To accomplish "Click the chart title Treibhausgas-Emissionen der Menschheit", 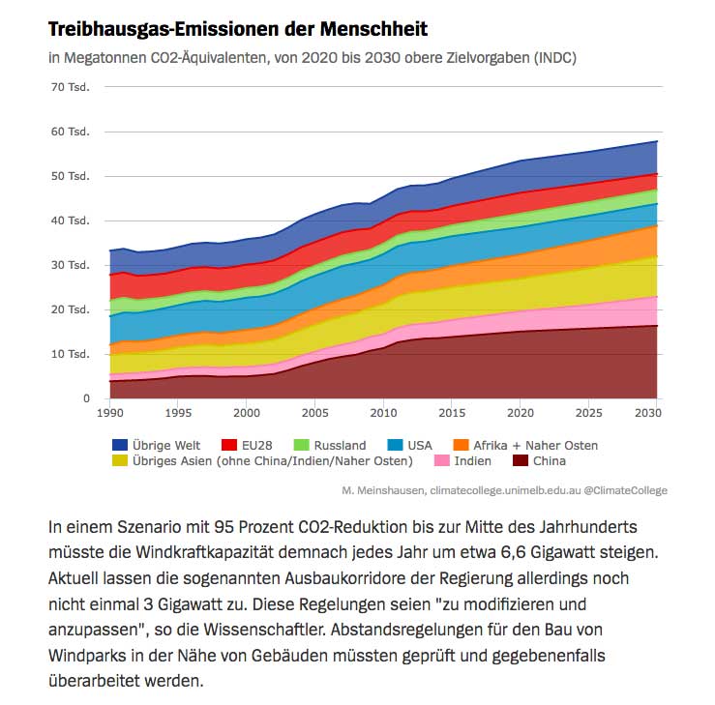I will pyautogui.click(x=237, y=29).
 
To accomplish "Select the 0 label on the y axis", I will pyautogui.click(x=85, y=398).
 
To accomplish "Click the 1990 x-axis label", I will pyautogui.click(x=111, y=413).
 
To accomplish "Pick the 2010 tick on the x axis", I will pyautogui.click(x=383, y=413).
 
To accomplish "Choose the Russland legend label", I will pyautogui.click(x=341, y=445).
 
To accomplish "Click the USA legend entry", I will pyautogui.click(x=419, y=445).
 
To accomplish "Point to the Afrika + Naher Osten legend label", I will pyautogui.click(x=534, y=445).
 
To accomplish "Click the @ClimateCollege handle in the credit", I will pyautogui.click(x=625, y=490).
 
